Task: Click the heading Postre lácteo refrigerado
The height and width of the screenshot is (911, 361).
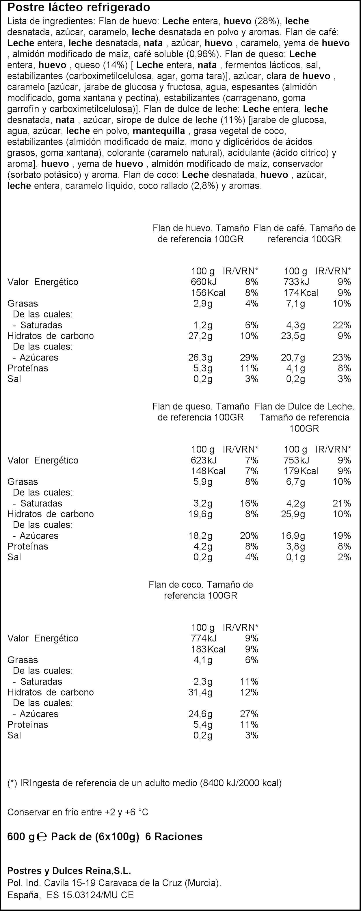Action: [x=79, y=8]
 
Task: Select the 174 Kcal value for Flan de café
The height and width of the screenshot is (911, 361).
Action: [x=301, y=293]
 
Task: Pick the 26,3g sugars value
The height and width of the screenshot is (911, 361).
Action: [x=200, y=358]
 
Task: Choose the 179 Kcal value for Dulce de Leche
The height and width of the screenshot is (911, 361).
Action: [x=301, y=471]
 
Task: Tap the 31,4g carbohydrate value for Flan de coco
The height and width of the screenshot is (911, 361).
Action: [x=200, y=692]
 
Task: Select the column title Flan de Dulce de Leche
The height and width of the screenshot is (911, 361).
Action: [x=304, y=407]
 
